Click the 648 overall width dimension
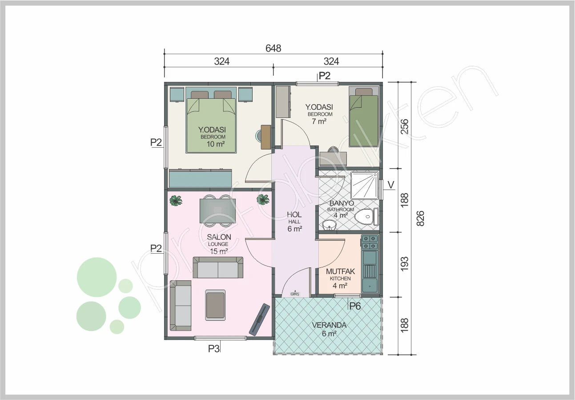(273, 48)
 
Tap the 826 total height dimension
(420, 218)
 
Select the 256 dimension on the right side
(404, 126)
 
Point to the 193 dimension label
(404, 263)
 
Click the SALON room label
(219, 237)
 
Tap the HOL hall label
(294, 214)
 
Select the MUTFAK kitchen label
(340, 271)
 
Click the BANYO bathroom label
(342, 203)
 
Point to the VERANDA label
(329, 325)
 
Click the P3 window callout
(213, 349)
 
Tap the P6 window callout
(355, 306)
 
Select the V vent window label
(391, 185)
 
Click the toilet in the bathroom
(366, 217)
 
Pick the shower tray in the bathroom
(365, 186)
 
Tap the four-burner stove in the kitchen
(370, 242)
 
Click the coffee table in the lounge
(215, 305)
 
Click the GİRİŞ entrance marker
(295, 294)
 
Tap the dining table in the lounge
(217, 211)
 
